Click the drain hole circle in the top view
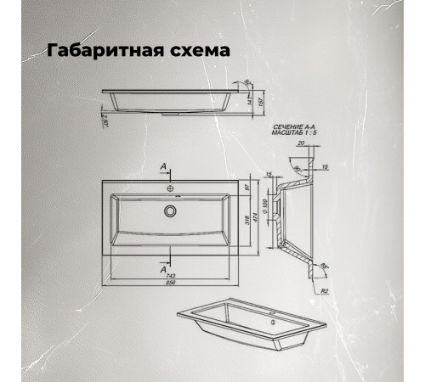171,209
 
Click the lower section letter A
162,267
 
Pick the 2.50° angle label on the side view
102,118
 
